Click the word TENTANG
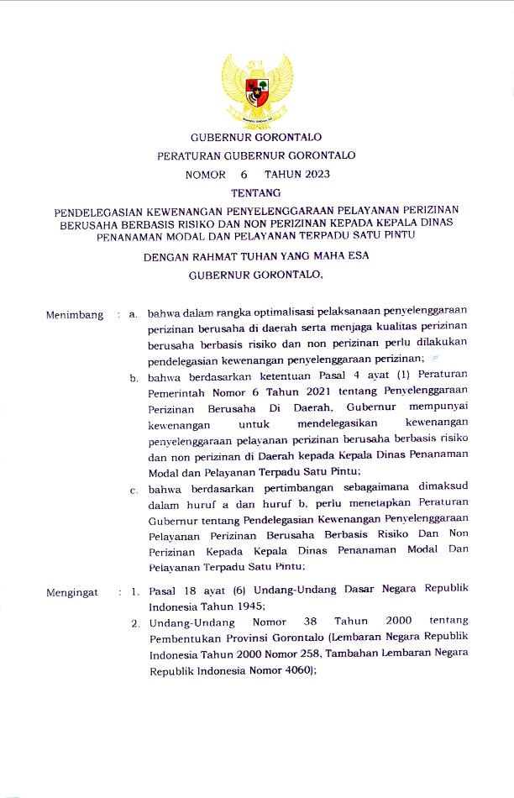[255, 193]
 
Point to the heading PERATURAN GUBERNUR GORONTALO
[255, 155]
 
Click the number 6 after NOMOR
[244, 175]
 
